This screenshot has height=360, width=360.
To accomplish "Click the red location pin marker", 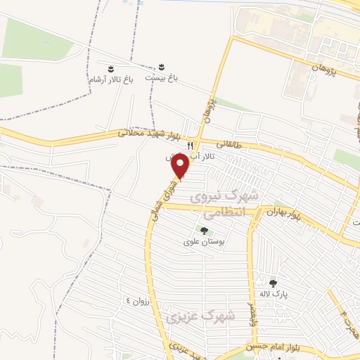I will point(181,167).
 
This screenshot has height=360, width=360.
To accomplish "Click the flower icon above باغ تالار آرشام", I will point(110,68).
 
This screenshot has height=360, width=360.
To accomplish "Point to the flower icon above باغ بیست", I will point(162,66).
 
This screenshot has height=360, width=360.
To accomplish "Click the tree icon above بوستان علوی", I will point(204,231).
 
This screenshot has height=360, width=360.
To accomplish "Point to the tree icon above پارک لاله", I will point(272,283).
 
